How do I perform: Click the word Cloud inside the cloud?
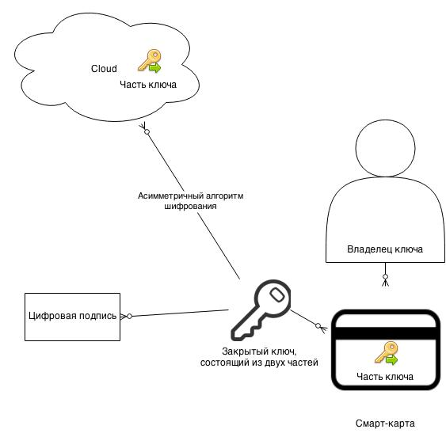(x=104, y=69)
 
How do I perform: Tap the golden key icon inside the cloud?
(x=150, y=61)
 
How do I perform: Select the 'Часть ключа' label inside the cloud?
(x=148, y=85)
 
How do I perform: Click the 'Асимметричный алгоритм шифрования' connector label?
(x=191, y=201)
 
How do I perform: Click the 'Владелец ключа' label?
(x=385, y=249)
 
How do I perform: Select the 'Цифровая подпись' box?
(x=73, y=317)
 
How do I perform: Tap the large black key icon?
(x=261, y=310)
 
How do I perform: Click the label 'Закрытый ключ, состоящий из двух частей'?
(x=259, y=357)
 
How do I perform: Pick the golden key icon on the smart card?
(x=386, y=353)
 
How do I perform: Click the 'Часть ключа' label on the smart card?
(x=385, y=377)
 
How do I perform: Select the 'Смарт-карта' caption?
(x=385, y=424)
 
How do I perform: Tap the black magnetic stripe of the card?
(x=386, y=333)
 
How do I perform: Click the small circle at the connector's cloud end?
(x=147, y=132)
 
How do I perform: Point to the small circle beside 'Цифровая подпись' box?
(x=129, y=316)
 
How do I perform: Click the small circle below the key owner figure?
(x=386, y=276)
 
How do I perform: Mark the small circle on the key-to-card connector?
(x=318, y=326)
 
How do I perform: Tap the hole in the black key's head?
(x=276, y=294)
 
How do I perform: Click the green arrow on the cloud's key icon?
(x=155, y=68)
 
